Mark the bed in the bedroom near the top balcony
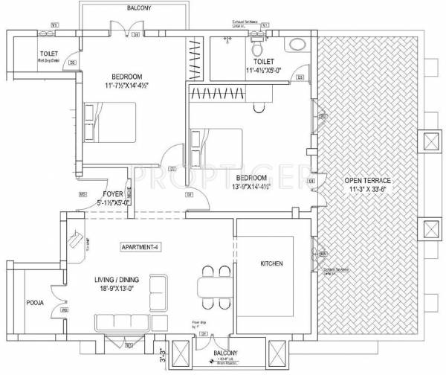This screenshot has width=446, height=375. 110,121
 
